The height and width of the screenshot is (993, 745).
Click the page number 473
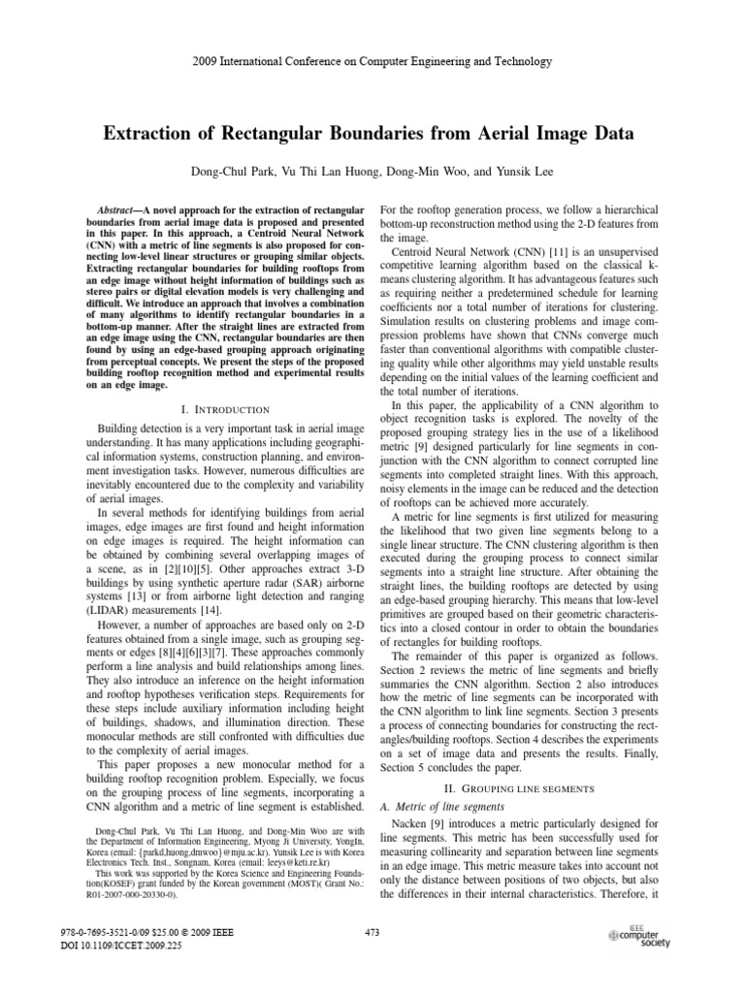coord(372,932)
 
